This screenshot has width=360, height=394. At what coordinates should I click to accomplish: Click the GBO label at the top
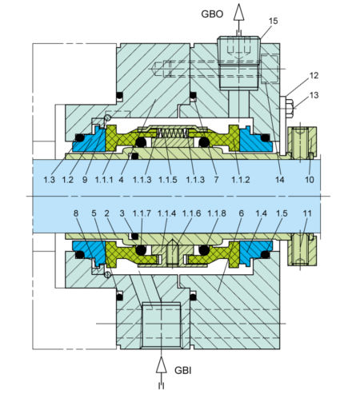click(212, 14)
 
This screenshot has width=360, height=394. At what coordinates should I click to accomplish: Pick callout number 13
click(314, 95)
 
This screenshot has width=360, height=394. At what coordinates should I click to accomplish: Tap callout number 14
click(279, 181)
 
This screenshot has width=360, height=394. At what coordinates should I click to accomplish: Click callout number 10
click(310, 181)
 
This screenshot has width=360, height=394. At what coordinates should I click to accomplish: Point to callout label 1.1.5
click(168, 181)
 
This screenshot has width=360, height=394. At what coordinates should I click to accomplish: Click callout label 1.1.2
click(241, 181)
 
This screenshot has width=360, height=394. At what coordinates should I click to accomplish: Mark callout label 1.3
click(50, 181)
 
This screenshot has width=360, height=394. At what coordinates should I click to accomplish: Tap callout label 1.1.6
click(192, 214)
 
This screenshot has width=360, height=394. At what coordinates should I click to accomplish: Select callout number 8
click(76, 214)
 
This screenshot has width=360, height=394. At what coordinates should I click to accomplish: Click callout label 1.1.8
click(216, 214)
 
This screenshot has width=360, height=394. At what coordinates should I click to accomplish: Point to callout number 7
click(215, 181)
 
